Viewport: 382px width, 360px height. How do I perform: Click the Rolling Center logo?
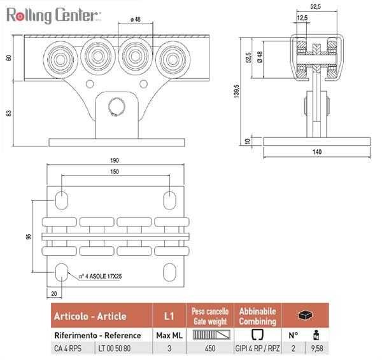pos(53,15)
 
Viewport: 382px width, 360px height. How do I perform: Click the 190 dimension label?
pos(115,160)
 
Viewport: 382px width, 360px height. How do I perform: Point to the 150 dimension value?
pos(115,172)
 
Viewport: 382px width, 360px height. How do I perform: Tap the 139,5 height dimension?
pos(237,92)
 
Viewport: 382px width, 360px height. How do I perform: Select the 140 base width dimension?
pos(317,152)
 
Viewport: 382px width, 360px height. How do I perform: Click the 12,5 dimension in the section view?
pos(302,18)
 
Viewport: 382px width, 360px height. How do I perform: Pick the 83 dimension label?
pos(9,113)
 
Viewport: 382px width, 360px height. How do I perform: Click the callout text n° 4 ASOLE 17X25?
pos(101,276)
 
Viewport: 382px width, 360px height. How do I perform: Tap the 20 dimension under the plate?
pos(54,294)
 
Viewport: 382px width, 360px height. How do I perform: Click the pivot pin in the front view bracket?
pos(117,107)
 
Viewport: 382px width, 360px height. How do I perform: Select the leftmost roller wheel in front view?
pos(60,59)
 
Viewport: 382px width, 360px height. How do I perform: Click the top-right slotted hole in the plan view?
pos(169,200)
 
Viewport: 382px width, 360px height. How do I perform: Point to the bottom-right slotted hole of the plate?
pos(169,272)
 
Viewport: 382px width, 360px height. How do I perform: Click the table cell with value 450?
pos(210,349)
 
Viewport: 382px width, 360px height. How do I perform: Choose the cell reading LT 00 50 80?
pos(115,349)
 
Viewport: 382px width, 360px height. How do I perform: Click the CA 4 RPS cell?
pos(67,349)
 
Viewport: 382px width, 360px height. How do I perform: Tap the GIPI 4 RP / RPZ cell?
pos(257,349)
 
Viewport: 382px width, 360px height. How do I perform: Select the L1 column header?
pos(169,316)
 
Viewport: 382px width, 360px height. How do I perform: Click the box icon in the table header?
pos(306,315)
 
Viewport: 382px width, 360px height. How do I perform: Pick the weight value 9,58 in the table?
pos(317,349)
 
